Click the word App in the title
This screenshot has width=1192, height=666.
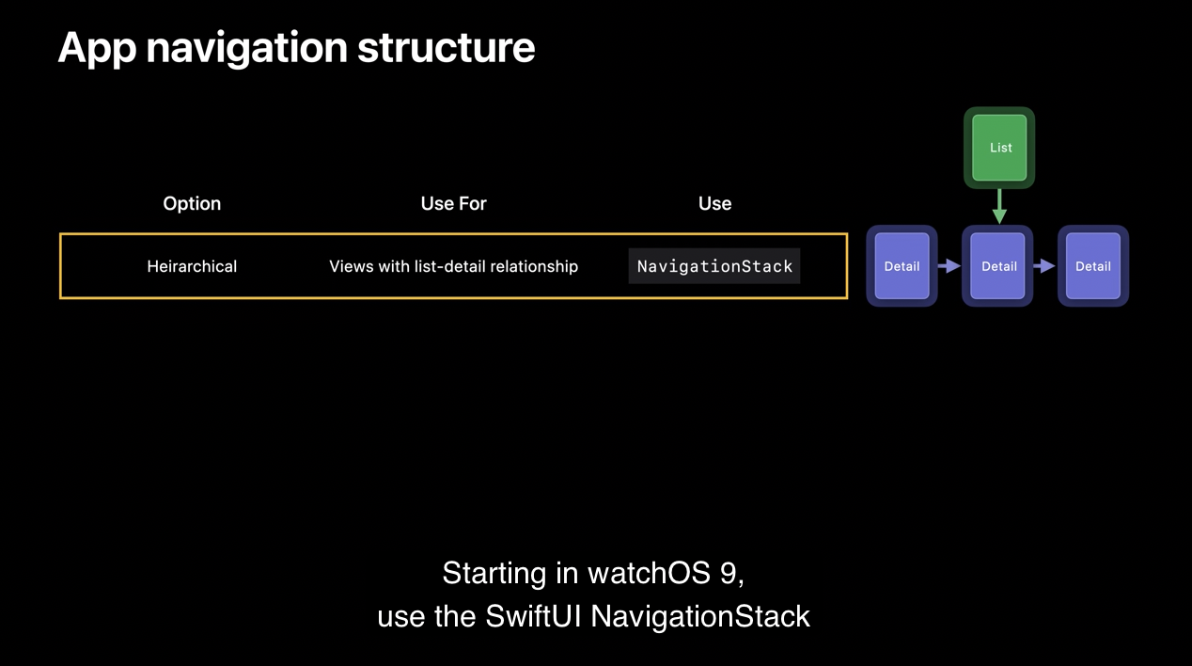(97, 49)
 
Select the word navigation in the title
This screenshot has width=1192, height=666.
(247, 49)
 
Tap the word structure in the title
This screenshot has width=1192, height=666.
(446, 48)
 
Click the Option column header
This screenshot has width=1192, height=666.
(192, 203)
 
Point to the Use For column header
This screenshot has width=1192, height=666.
(453, 203)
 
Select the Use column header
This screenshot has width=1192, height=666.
(714, 203)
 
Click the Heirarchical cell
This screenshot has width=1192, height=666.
(192, 266)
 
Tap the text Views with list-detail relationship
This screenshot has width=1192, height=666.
(453, 266)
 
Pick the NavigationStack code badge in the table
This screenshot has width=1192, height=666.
(714, 265)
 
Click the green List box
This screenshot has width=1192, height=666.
(999, 148)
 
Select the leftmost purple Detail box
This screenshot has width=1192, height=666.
(902, 265)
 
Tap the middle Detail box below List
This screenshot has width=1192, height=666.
(997, 265)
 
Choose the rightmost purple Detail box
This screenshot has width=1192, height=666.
(1093, 265)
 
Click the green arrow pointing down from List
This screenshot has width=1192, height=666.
(999, 207)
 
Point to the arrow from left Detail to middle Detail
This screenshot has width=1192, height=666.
(949, 265)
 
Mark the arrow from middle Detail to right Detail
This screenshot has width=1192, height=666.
(1044, 265)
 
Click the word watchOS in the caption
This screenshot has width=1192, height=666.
(650, 573)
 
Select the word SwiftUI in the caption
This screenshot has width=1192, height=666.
(533, 616)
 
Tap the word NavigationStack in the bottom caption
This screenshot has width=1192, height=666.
(700, 616)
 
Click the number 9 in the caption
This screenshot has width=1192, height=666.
(729, 574)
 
